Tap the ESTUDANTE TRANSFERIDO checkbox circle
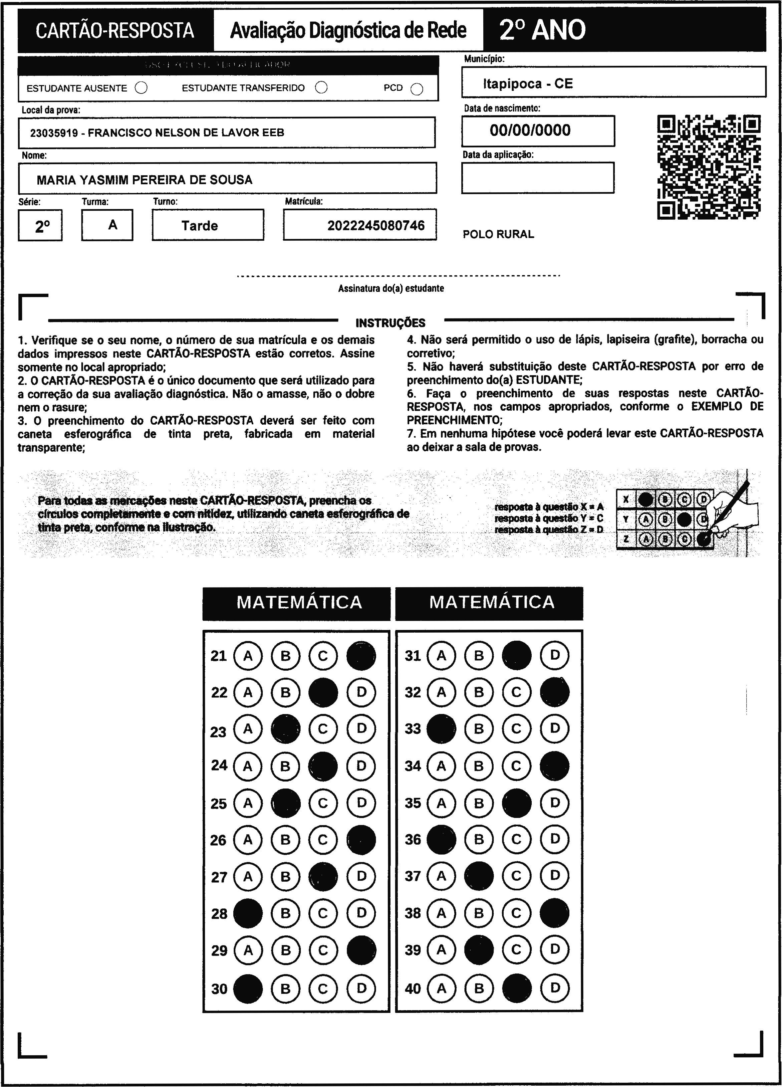(x=321, y=88)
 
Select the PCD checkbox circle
(x=417, y=89)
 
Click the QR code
(x=709, y=167)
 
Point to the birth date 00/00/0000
(x=530, y=130)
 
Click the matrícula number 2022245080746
(x=376, y=225)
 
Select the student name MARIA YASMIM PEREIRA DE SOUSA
(x=145, y=180)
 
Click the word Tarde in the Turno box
(x=200, y=226)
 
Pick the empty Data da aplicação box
(x=538, y=178)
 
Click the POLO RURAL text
(x=498, y=234)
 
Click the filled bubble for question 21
(x=361, y=656)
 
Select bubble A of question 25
(x=248, y=803)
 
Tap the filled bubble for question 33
(x=441, y=728)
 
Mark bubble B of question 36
(x=479, y=839)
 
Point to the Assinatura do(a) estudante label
(x=391, y=288)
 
